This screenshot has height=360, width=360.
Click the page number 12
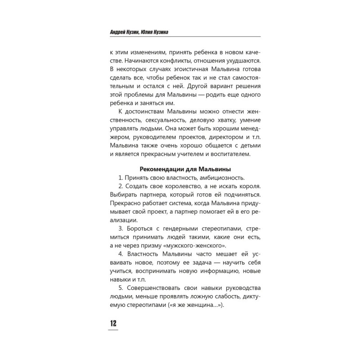(x=112, y=323)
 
